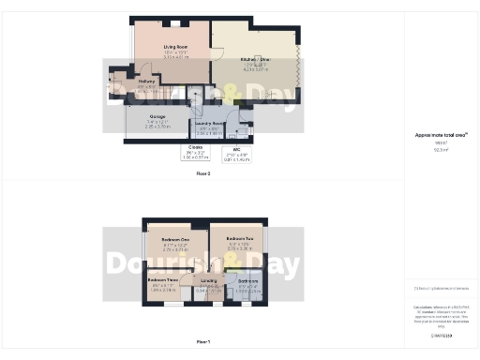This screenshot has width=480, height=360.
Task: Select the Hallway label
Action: click(145, 81)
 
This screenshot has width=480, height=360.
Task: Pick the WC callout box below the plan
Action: click(237, 153)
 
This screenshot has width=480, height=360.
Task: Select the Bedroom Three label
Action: click(162, 280)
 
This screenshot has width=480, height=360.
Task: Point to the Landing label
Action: click(208, 281)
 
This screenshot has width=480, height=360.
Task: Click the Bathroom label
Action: click(247, 280)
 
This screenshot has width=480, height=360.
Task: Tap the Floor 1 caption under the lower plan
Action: click(203, 342)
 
